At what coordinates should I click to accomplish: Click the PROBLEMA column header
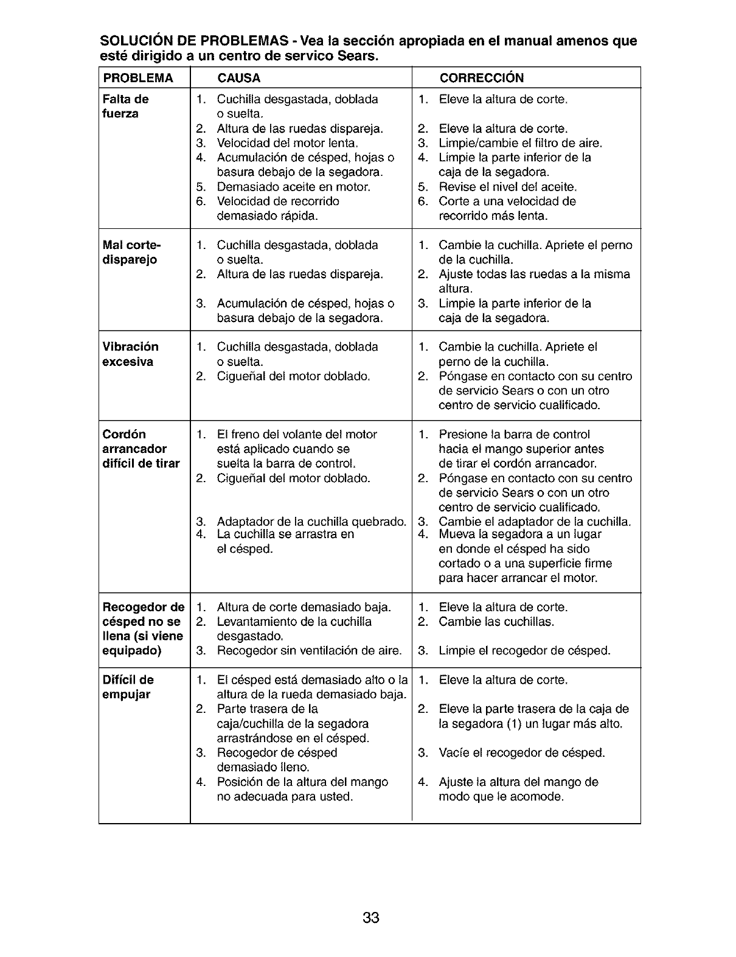[x=137, y=78]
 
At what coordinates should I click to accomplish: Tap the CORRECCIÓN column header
[x=481, y=78]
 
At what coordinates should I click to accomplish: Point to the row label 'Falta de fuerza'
[x=125, y=107]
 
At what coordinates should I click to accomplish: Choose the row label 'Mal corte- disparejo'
[x=131, y=253]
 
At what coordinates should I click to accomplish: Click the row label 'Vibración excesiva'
[x=130, y=354]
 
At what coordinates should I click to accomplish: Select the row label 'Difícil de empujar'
[x=128, y=687]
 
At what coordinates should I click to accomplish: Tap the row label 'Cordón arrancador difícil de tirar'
[x=141, y=449]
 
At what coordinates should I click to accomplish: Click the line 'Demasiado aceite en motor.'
[x=293, y=187]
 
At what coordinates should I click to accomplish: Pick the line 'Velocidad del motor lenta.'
[x=287, y=143]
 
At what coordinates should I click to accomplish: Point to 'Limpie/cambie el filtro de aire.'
[x=520, y=143]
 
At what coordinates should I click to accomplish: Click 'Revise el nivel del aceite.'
[x=507, y=187]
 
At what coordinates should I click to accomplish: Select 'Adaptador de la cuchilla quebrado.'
[x=311, y=522]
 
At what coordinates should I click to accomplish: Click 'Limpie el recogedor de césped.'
[x=524, y=651]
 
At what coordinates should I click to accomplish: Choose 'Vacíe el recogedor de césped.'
[x=522, y=753]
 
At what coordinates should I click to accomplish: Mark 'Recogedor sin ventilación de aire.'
[x=309, y=651]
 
